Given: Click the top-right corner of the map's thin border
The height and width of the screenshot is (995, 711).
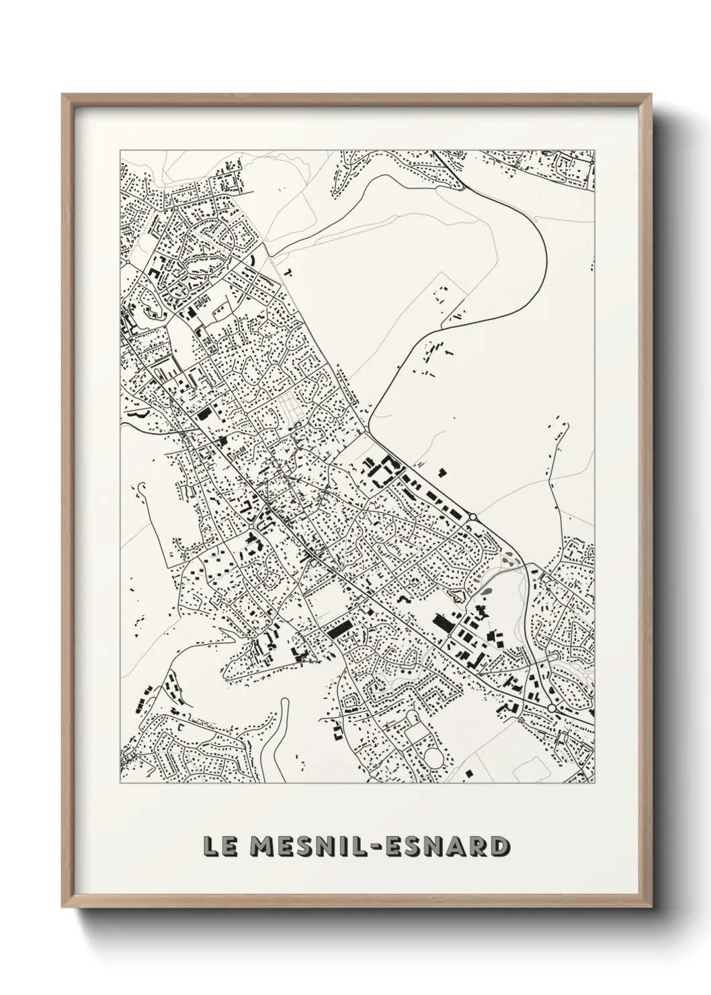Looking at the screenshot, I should click(x=595, y=149).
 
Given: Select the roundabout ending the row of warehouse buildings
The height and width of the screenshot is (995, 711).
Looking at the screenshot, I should click(x=473, y=516).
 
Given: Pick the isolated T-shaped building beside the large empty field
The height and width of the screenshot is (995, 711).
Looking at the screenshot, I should click(x=288, y=273).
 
